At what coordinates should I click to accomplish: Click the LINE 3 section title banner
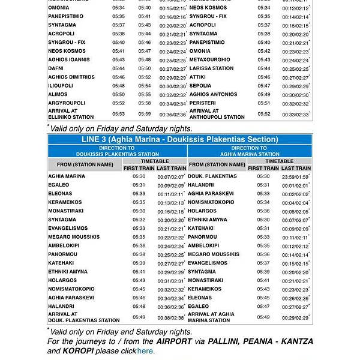[x=179, y=139]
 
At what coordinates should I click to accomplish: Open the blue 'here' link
[x=146, y=351]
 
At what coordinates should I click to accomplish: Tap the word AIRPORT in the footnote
[x=175, y=341]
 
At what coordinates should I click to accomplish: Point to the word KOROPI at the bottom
[x=62, y=351]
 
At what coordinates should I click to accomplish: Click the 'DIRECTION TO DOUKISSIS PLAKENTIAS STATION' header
[x=117, y=151]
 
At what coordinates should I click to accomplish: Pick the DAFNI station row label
[x=57, y=68]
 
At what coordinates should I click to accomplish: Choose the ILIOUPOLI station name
[x=61, y=86]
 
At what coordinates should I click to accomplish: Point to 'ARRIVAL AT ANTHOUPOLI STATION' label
[x=217, y=114]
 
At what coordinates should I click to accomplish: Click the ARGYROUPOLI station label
[x=67, y=103]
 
